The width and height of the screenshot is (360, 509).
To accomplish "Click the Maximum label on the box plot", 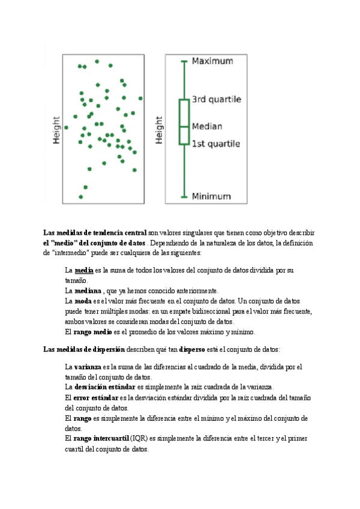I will click(212, 61).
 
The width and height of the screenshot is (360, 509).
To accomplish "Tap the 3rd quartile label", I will click(216, 99).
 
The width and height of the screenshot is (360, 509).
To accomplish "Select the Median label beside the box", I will click(207, 127).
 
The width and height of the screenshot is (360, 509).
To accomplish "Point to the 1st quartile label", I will click(215, 144).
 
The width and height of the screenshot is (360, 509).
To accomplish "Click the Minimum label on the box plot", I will click(211, 196).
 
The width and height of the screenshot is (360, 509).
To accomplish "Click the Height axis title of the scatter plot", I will click(56, 130).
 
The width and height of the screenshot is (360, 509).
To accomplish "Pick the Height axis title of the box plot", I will click(159, 130).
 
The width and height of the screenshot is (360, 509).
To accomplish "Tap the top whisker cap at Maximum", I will click(184, 61).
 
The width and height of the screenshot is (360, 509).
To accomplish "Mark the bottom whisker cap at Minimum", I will click(184, 196).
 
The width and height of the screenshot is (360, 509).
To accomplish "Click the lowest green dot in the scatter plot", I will click(81, 196).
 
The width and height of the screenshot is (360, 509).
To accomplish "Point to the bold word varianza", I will click(87, 367).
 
